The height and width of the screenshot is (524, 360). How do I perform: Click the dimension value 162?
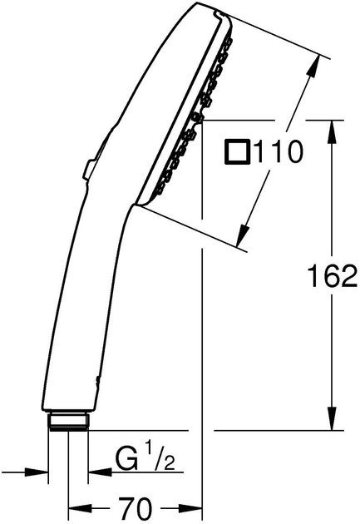tap(333, 275)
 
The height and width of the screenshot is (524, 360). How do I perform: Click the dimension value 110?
tap(279, 152)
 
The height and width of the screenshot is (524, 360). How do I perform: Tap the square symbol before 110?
tap(237, 152)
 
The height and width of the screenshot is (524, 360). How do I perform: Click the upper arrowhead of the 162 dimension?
tap(332, 132)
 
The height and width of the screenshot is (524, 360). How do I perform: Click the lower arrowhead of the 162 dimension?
tap(332, 418)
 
